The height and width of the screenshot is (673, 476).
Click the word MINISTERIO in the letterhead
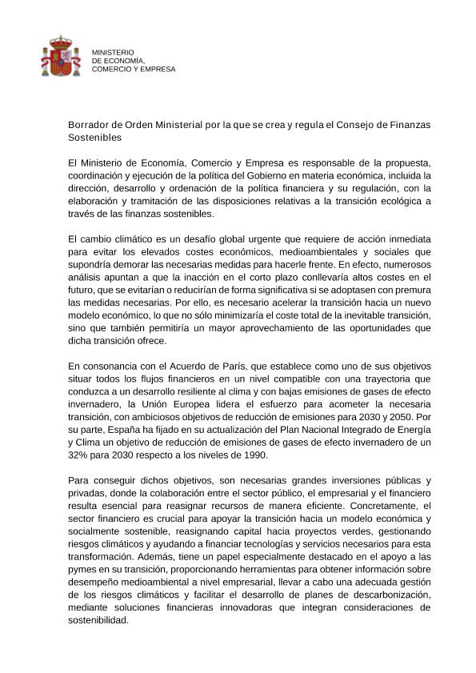pyautogui.click(x=114, y=52)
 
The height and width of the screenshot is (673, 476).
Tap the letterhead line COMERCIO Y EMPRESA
pyautogui.click(x=134, y=69)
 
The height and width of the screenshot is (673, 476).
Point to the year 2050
pyautogui.click(x=402, y=416)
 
